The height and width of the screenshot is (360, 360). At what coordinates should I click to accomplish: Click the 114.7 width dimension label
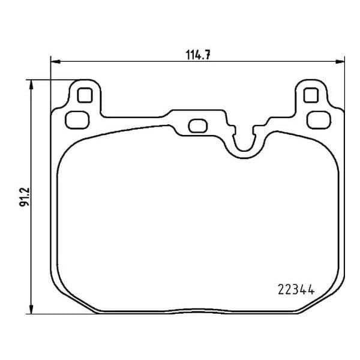pos(197,55)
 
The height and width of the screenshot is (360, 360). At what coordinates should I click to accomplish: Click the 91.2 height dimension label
pos(25,197)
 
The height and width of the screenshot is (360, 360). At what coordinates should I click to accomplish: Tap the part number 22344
pos(296,290)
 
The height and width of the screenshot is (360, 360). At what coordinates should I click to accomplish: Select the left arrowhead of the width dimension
pos(55,62)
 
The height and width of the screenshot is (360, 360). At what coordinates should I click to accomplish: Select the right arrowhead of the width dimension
pos(340,62)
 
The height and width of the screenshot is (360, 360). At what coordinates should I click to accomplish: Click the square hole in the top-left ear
pos(85,95)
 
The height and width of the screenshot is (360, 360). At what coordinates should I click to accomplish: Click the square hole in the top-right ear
pos(311,95)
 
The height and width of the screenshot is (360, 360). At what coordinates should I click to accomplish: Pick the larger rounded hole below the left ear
pos(77,120)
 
